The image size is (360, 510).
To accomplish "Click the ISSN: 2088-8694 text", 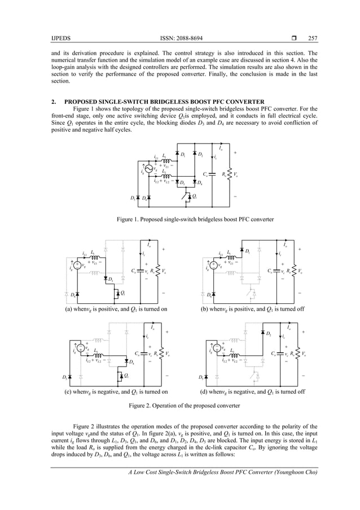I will point(179,38).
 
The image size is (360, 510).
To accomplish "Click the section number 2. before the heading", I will point(53,102).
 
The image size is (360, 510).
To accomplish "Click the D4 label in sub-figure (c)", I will point(131,361).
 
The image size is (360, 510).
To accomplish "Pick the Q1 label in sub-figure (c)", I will point(126,376).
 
